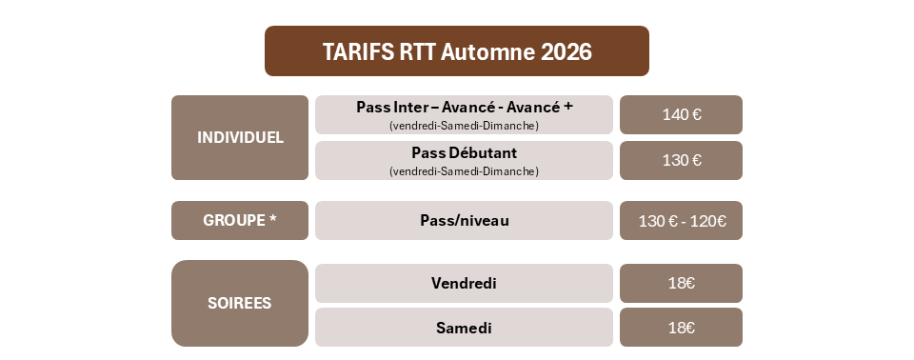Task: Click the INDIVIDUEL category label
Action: click(240, 138)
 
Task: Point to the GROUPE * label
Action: click(240, 220)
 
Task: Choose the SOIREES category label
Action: click(240, 304)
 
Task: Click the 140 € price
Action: click(682, 114)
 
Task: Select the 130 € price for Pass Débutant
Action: click(682, 160)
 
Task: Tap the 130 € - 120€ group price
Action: click(682, 221)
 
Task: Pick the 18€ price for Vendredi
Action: click(682, 283)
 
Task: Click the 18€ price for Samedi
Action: click(682, 328)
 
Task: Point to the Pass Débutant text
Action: click(464, 153)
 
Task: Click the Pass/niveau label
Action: click(465, 221)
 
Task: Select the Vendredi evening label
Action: click(464, 283)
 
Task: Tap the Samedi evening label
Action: click(464, 328)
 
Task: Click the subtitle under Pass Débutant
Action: click(464, 171)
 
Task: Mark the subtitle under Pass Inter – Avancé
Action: click(464, 126)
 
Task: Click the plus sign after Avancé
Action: click(568, 108)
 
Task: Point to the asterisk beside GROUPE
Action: click(273, 218)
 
